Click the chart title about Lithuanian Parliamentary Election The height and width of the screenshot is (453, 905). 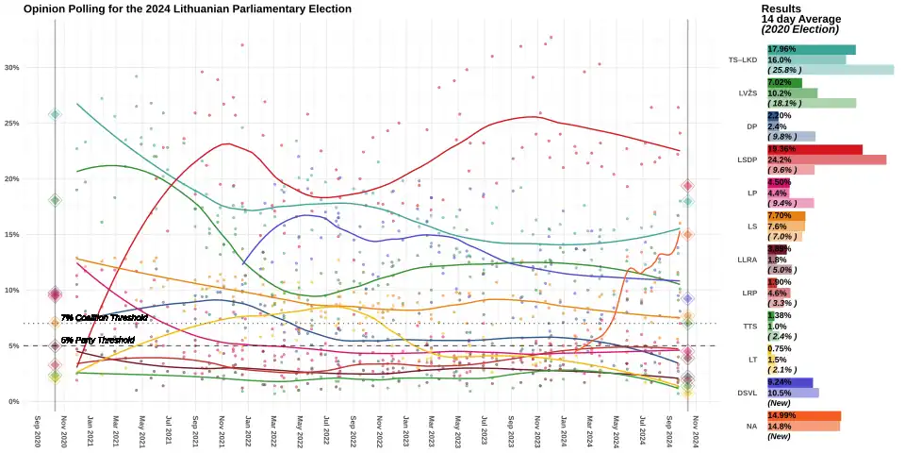(188, 8)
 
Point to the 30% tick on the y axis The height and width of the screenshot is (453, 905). (11, 68)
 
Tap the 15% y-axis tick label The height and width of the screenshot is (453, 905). (11, 234)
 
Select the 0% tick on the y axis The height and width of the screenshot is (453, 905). (13, 401)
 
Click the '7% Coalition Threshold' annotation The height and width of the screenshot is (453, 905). (104, 318)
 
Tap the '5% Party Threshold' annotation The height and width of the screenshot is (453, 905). (97, 340)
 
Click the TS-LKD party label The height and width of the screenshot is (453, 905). (743, 60)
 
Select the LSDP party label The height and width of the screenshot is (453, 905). (746, 159)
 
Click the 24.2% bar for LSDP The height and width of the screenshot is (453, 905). (827, 159)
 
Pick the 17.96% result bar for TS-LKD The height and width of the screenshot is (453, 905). (812, 49)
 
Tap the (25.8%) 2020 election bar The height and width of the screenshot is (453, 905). (831, 70)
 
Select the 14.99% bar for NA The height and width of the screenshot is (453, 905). (804, 415)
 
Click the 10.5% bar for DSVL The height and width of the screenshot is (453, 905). (793, 393)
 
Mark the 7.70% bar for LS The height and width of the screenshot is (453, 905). (786, 216)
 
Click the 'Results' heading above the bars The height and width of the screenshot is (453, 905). (781, 8)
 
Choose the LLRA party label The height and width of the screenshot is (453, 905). (746, 260)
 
